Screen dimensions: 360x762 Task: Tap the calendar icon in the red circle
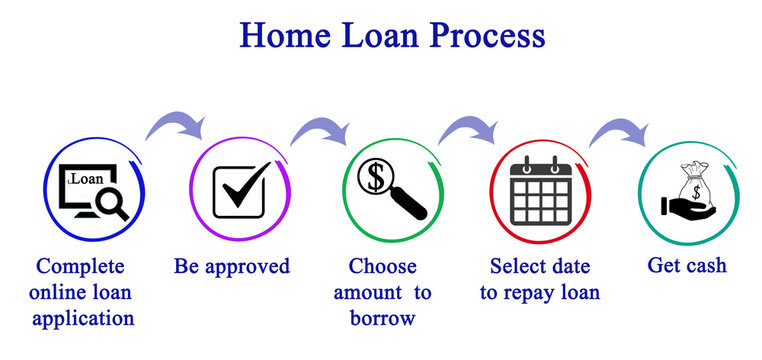pyautogui.click(x=540, y=190)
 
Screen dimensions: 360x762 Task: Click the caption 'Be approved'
pyautogui.click(x=231, y=266)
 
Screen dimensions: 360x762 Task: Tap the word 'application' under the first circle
pyautogui.click(x=82, y=319)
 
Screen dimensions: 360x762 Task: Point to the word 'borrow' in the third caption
pyautogui.click(x=382, y=319)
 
